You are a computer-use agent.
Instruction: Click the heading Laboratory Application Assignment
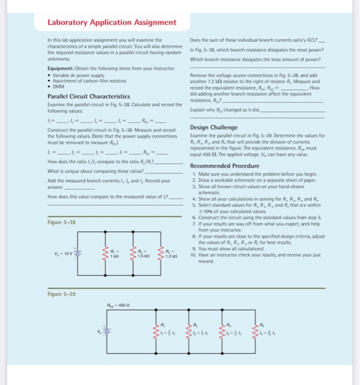(x=112, y=22)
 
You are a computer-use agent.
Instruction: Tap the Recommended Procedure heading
(x=225, y=166)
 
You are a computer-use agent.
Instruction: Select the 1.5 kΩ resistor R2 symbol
(x=130, y=255)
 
